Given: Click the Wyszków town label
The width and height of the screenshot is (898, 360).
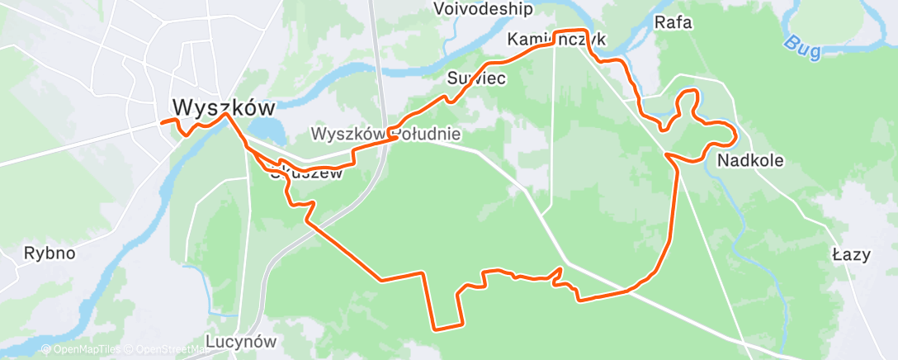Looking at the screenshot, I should [x=224, y=107].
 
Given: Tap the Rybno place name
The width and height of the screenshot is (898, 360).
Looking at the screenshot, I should [x=49, y=253].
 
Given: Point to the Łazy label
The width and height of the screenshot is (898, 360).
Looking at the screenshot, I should [x=852, y=254].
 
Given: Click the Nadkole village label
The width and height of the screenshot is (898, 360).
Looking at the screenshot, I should [x=750, y=159].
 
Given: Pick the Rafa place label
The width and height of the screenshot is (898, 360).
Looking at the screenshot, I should [x=672, y=22].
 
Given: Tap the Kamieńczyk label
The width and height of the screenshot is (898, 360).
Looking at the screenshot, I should [x=557, y=40].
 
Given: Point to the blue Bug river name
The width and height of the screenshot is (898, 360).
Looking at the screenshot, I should [x=801, y=47].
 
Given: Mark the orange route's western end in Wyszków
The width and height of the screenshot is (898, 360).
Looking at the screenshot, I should [x=161, y=122].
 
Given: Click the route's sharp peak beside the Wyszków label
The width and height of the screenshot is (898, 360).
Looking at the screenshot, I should [x=225, y=115].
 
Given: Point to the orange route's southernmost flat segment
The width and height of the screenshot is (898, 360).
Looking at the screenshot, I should [x=447, y=328].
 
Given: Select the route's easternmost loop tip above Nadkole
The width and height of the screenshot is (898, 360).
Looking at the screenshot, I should [x=734, y=134].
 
